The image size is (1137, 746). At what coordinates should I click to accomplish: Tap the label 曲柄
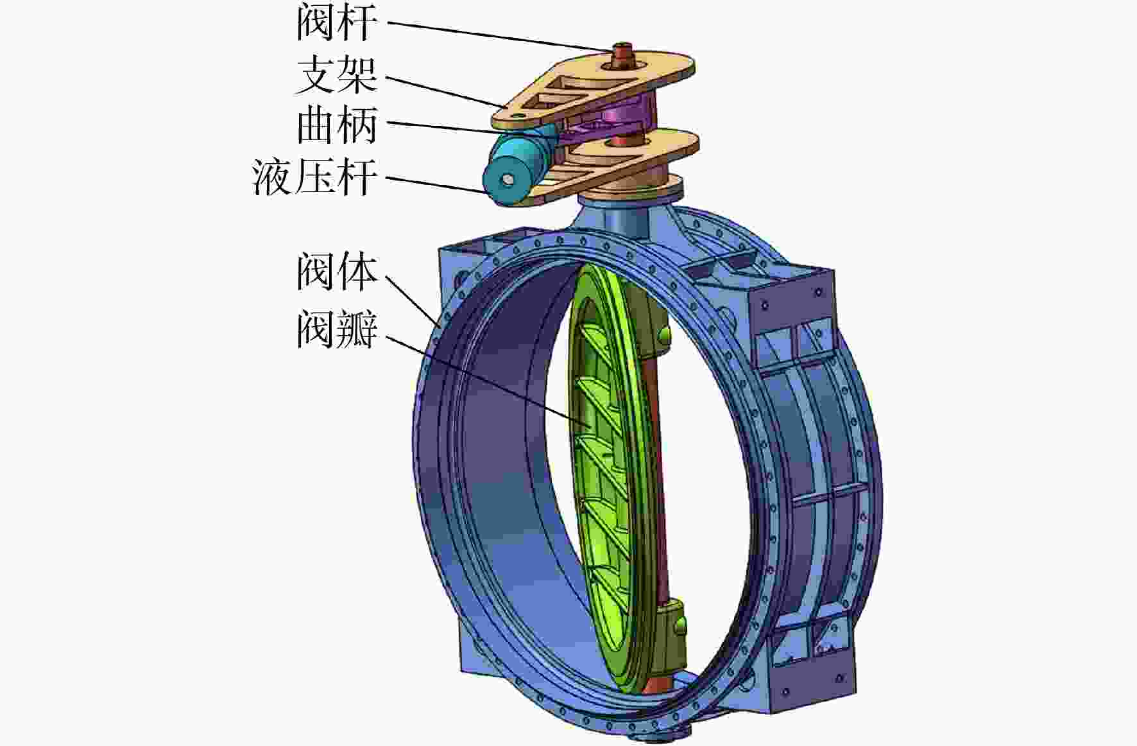tap(337, 125)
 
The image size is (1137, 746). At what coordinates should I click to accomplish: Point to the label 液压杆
tap(315, 177)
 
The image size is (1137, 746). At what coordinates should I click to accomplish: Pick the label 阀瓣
tap(337, 329)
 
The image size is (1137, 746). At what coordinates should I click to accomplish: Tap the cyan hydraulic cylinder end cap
tap(507, 180)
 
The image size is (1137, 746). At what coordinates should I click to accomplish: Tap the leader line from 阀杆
tap(499, 37)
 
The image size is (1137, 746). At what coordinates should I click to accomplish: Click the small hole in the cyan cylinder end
tap(508, 180)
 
